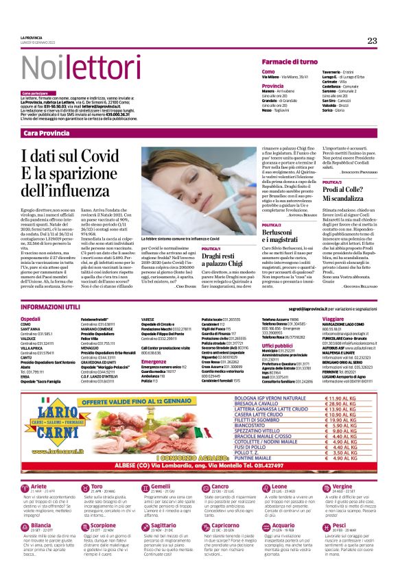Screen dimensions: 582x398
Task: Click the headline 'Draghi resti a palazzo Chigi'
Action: point(226,277)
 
